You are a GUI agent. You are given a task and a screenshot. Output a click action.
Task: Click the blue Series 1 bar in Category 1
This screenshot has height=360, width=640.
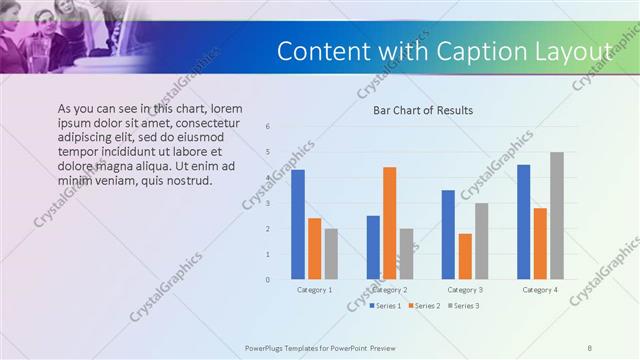pos(298,225)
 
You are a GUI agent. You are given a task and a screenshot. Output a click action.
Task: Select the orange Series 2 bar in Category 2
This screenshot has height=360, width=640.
pos(389,223)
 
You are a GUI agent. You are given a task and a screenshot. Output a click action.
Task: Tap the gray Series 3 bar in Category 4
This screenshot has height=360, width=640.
pos(557,216)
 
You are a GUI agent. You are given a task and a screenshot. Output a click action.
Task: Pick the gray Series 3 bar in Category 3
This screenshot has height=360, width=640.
pos(481,241)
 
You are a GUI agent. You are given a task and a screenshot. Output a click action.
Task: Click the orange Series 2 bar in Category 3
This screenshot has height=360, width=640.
pos(465,256)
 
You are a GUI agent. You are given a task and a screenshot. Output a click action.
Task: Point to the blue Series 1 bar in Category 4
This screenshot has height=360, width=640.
pos(524,222)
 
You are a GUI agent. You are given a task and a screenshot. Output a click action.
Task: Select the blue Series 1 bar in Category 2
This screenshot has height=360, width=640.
pos(373,247)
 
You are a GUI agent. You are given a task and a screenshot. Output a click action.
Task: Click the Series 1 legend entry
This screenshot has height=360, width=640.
pos(383,305)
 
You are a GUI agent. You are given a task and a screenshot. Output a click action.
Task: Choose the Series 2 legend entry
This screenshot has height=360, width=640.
pos(425,305)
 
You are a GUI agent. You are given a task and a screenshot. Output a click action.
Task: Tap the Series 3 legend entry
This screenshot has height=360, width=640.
pos(464,305)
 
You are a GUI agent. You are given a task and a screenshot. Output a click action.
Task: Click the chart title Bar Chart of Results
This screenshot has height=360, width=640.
pos(423,110)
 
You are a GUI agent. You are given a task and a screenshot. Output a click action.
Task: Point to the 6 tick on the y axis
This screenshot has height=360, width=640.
pos(267,127)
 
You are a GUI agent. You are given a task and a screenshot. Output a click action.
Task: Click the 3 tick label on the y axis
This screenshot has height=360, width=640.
pos(267,204)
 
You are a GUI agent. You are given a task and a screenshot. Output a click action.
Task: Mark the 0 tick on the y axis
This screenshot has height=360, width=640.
pos(267,280)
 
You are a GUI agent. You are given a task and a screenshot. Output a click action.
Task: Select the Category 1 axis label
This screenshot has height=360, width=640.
pos(315,289)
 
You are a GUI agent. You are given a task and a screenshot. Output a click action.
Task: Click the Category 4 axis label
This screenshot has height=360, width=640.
pos(541,289)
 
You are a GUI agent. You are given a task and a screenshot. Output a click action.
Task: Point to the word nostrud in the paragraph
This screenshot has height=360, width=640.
pos(187,181)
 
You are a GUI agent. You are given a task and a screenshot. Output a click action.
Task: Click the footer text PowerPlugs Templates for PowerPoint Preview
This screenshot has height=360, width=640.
pos(320,348)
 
